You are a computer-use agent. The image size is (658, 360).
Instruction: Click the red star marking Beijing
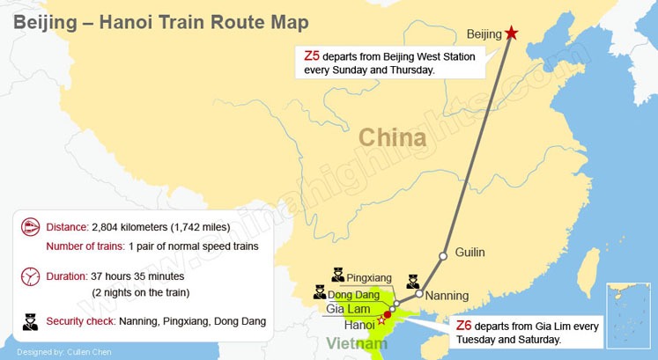(513, 33)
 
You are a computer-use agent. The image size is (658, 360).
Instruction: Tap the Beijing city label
(484, 35)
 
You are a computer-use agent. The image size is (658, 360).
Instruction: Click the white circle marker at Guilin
(445, 253)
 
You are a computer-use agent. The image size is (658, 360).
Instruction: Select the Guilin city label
(469, 253)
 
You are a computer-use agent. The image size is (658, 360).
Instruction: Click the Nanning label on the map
(447, 296)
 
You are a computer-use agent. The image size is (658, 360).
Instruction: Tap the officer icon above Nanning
(413, 282)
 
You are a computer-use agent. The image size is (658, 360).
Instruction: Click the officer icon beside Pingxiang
(337, 276)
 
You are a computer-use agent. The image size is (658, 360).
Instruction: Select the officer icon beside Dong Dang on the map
(319, 291)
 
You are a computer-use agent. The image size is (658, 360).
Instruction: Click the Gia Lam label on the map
(347, 309)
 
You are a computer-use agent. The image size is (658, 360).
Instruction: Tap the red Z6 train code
(464, 325)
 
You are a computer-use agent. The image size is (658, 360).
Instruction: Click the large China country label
(391, 137)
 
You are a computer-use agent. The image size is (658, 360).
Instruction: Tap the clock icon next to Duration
(31, 276)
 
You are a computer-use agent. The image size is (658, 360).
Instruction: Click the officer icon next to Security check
(31, 320)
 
